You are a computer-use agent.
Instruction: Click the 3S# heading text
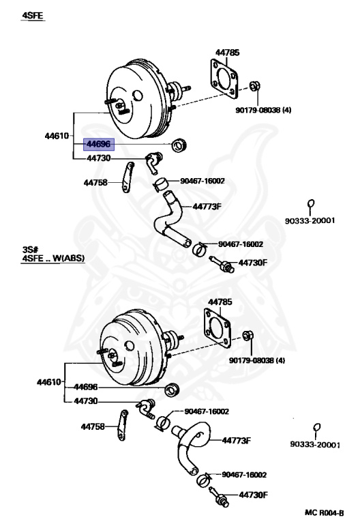pyautogui.click(x=31, y=251)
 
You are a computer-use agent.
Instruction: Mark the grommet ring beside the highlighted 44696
pyautogui.click(x=181, y=145)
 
